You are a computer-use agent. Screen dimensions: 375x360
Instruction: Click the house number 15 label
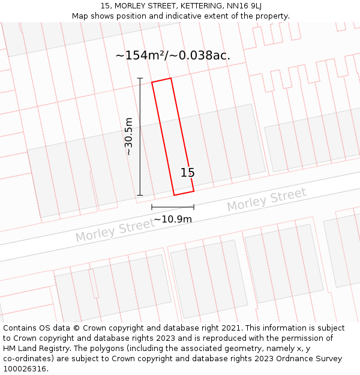(188, 173)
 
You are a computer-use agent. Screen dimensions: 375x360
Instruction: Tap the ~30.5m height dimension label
(128, 137)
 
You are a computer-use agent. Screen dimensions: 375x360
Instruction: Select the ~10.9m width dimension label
(173, 220)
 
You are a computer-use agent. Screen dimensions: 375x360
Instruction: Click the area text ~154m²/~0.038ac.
(173, 55)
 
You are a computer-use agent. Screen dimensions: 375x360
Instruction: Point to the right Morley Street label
(266, 200)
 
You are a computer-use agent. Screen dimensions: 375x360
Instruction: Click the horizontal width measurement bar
(173, 207)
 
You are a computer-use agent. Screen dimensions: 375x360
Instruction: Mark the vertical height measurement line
(140, 137)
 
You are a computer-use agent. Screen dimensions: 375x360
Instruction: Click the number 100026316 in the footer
(25, 368)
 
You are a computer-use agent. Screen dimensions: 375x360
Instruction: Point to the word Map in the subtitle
(80, 16)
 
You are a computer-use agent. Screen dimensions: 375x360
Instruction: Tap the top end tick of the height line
(140, 79)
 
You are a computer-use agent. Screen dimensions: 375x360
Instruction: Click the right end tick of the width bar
(193, 207)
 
